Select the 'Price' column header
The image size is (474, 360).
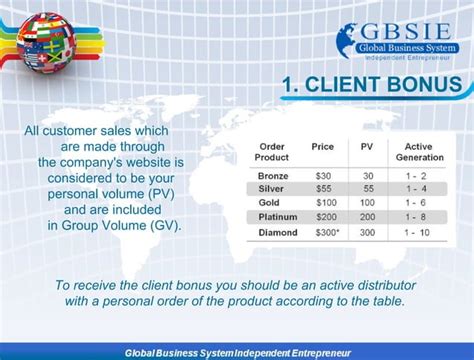click(x=322, y=147)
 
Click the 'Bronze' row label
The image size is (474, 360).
click(x=272, y=175)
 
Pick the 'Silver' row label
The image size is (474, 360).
click(x=271, y=189)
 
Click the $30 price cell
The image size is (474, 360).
click(x=322, y=175)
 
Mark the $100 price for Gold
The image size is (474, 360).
click(x=322, y=203)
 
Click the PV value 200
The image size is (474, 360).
click(x=367, y=217)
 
